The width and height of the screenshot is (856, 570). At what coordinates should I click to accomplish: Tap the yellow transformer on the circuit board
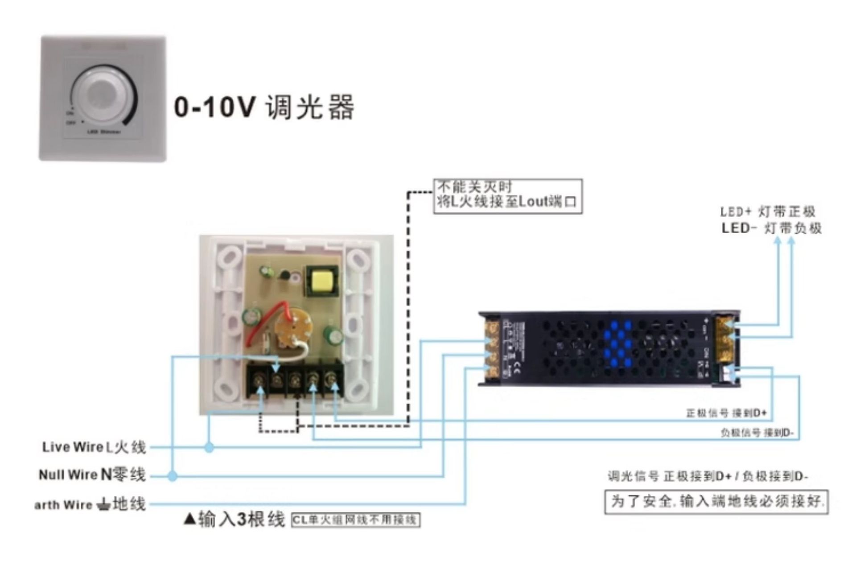click(x=321, y=280)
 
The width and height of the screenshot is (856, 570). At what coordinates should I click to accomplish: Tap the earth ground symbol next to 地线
click(x=103, y=505)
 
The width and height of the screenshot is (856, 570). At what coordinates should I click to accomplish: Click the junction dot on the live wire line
click(x=209, y=447)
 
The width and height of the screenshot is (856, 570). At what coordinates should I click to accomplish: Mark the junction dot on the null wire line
click(x=173, y=476)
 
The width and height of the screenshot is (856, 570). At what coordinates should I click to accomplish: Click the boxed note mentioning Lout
click(x=507, y=196)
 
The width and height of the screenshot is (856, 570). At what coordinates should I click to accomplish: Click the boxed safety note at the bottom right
click(x=716, y=502)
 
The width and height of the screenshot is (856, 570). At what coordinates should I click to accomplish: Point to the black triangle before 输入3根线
click(x=189, y=518)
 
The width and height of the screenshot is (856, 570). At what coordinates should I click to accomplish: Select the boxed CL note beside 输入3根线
click(x=355, y=520)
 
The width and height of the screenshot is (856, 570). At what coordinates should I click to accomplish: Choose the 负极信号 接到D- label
click(x=757, y=433)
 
